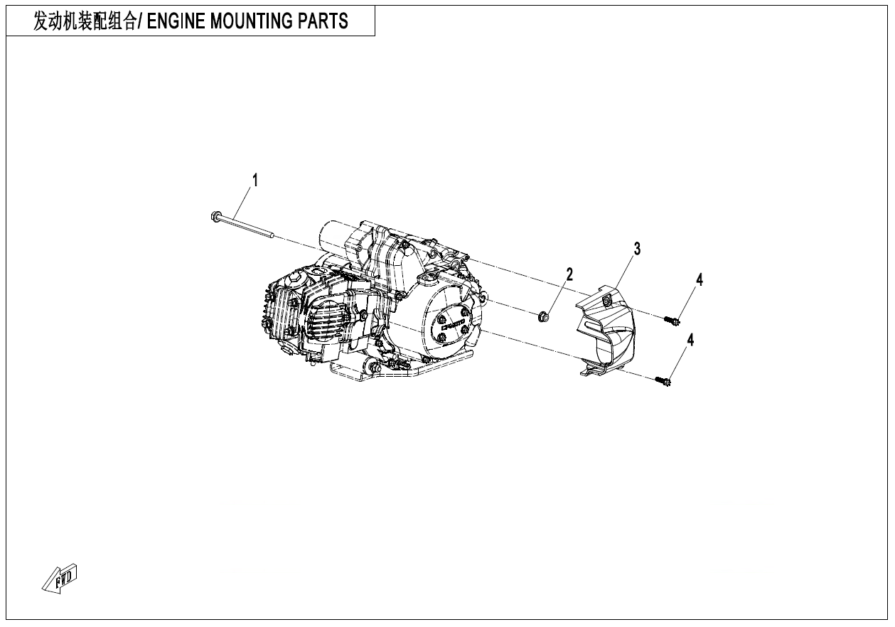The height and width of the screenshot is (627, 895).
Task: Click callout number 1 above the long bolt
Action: [255, 180]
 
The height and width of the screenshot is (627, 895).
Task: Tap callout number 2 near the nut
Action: [569, 274]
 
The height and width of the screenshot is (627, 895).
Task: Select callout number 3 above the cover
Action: [637, 248]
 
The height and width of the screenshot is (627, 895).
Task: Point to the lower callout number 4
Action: [689, 340]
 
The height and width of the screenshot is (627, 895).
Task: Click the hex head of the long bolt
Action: [215, 215]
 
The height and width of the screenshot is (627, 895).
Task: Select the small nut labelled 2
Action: [542, 314]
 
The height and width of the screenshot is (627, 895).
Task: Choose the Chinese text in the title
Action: [85, 21]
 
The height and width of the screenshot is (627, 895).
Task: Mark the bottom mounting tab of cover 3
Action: [593, 371]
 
